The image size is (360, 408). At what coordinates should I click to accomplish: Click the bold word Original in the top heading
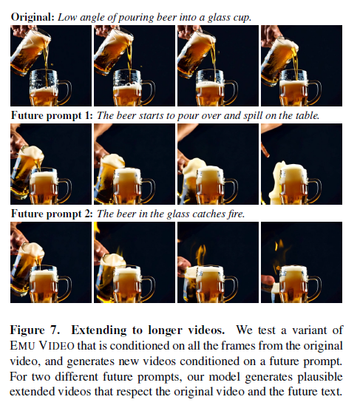click(x=33, y=17)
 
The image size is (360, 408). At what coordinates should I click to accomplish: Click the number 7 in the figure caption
click(x=54, y=330)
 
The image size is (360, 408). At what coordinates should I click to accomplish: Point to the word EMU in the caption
click(x=22, y=346)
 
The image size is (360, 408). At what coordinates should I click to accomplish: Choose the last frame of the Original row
click(x=302, y=66)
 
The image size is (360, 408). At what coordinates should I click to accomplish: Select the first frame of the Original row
click(x=51, y=66)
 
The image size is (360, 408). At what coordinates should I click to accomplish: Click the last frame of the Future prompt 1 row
click(x=302, y=164)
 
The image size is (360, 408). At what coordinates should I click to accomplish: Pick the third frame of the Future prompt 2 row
click(x=218, y=262)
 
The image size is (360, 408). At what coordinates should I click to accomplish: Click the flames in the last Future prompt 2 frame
click(x=279, y=246)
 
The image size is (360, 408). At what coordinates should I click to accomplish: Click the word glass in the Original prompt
click(x=219, y=18)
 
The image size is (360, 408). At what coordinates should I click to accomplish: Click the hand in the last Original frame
click(x=269, y=35)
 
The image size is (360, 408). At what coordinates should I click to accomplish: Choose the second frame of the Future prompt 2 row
click(x=135, y=262)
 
